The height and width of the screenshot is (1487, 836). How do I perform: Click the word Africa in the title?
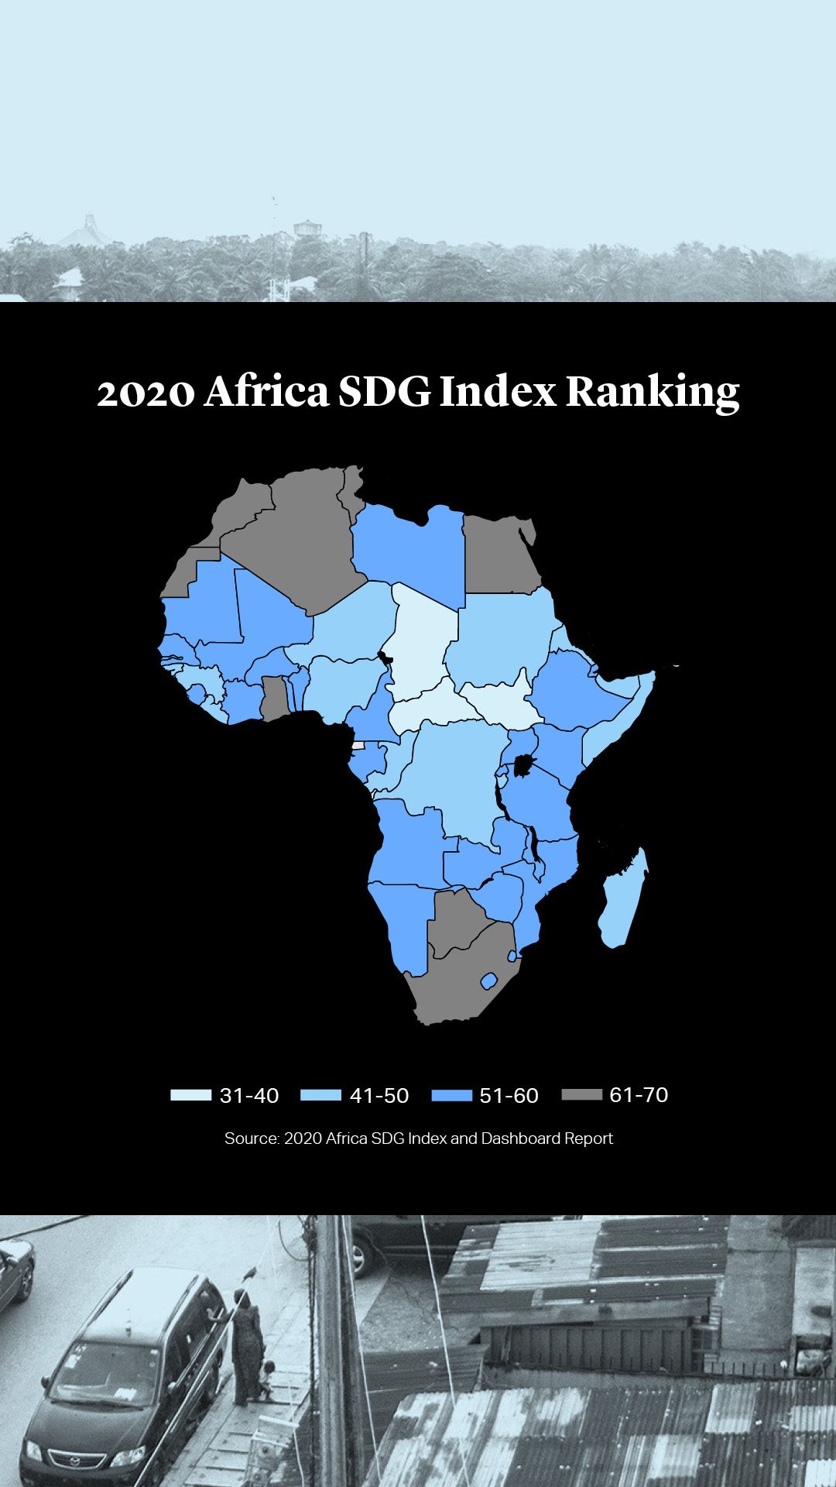(x=267, y=392)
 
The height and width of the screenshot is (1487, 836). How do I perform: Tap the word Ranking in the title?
(x=652, y=392)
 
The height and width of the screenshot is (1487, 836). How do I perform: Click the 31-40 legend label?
(x=249, y=1095)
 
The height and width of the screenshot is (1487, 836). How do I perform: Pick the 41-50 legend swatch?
(x=320, y=1095)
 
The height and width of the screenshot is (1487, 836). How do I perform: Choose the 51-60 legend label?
(x=509, y=1095)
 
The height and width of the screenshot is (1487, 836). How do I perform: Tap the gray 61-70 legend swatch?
(x=581, y=1094)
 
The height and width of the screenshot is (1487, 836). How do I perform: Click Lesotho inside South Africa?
(x=488, y=981)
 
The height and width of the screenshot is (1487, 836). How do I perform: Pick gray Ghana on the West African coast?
(x=273, y=697)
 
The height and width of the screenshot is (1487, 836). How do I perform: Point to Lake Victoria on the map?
(x=526, y=767)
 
